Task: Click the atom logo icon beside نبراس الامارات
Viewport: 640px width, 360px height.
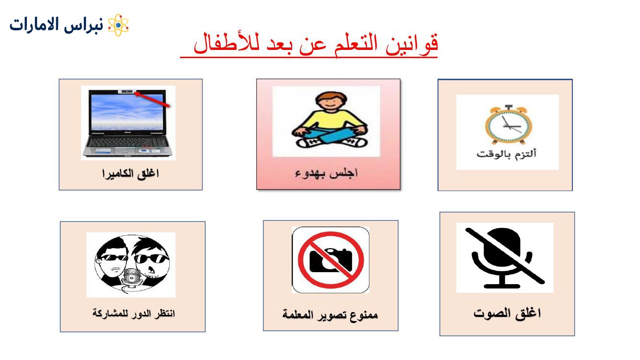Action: [x=118, y=25]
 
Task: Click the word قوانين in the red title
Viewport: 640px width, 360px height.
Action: [x=412, y=44]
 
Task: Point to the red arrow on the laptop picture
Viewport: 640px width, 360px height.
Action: [x=152, y=99]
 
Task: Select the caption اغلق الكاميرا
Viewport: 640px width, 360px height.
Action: [x=130, y=174]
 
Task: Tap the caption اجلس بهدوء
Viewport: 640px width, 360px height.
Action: [x=327, y=173]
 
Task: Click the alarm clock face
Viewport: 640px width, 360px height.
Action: [x=509, y=125]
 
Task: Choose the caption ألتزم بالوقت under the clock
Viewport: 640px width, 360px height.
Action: [x=506, y=154]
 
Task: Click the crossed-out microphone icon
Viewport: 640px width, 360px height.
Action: [x=505, y=258]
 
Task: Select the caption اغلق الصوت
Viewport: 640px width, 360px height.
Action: [x=507, y=313]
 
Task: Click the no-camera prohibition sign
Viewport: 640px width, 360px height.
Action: [x=331, y=260]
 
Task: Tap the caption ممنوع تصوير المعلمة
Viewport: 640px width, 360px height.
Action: [x=330, y=314]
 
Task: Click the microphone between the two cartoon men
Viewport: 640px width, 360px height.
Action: [x=131, y=278]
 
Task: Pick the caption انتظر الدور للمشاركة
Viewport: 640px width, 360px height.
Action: [x=133, y=313]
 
